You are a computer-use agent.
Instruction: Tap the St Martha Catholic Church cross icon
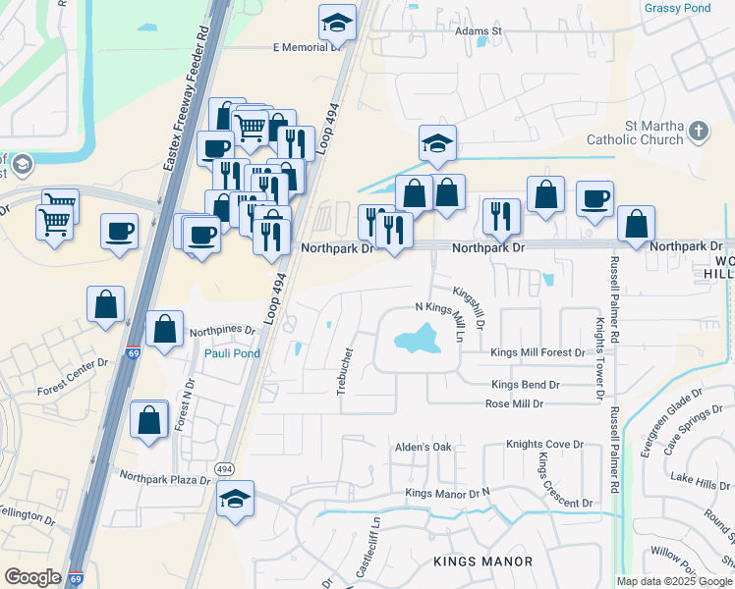(698, 131)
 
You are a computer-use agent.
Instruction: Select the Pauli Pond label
(231, 353)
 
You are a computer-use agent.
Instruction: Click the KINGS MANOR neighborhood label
(483, 562)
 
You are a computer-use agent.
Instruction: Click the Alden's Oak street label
(423, 447)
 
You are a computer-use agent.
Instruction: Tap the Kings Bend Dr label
(525, 385)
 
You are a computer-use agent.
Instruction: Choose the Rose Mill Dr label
(514, 403)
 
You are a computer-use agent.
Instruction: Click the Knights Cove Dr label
(544, 445)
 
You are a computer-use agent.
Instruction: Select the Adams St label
(479, 31)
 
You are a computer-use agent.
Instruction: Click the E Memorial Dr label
(308, 47)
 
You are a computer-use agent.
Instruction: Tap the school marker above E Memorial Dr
(337, 22)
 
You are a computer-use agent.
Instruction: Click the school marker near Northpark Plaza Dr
(236, 499)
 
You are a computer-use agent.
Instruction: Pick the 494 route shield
(224, 468)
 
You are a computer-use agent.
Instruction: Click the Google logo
(32, 577)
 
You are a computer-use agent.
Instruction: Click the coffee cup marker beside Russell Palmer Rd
(594, 199)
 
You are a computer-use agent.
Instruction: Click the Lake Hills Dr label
(694, 483)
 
